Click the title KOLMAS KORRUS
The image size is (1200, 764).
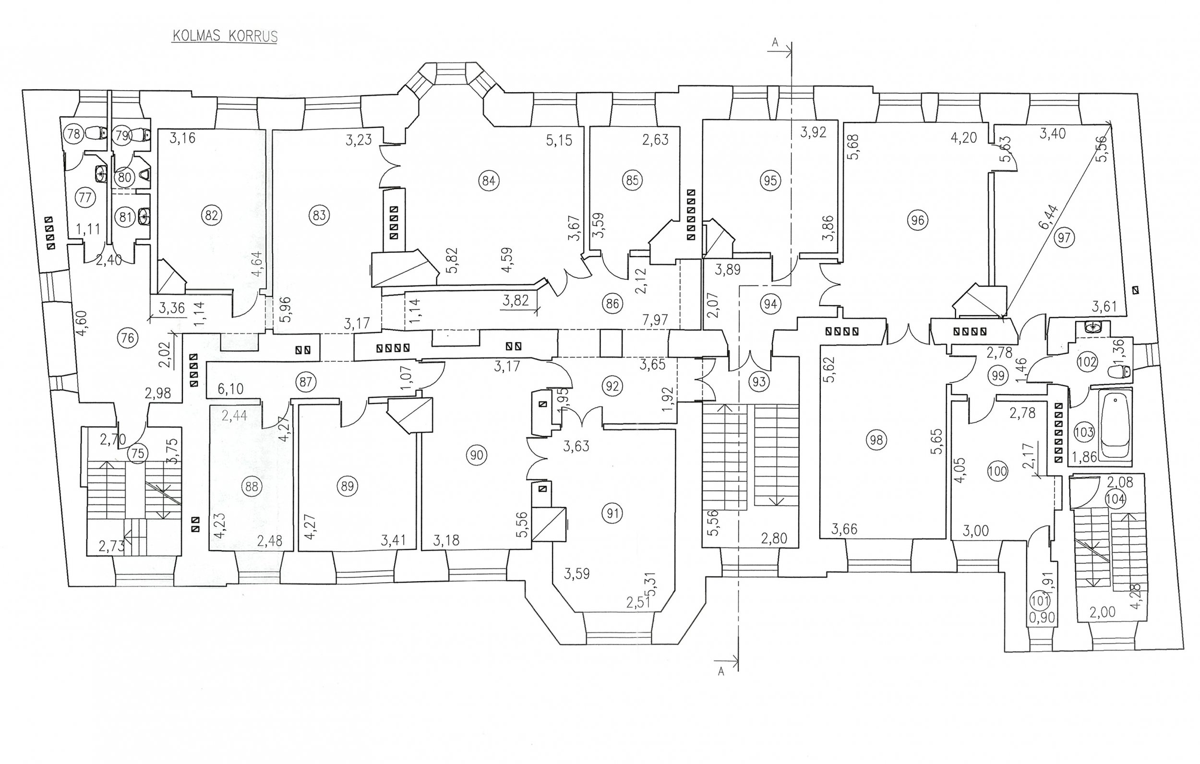(x=224, y=37)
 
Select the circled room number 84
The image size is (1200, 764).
(x=489, y=180)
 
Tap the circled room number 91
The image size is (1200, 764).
(x=612, y=513)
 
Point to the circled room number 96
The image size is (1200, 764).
(x=917, y=220)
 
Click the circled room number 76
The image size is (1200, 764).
(x=128, y=338)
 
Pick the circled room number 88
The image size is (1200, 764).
(x=252, y=486)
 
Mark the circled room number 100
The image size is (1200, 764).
(x=997, y=471)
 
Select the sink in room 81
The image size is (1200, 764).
(x=144, y=216)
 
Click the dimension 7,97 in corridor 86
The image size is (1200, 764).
(x=655, y=320)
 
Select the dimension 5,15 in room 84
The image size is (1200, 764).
(x=559, y=141)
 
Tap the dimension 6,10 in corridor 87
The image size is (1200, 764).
(x=231, y=389)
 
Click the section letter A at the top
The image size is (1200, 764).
(x=774, y=43)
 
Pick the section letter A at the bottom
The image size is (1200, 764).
(x=720, y=672)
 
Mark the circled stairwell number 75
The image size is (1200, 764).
(x=137, y=454)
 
